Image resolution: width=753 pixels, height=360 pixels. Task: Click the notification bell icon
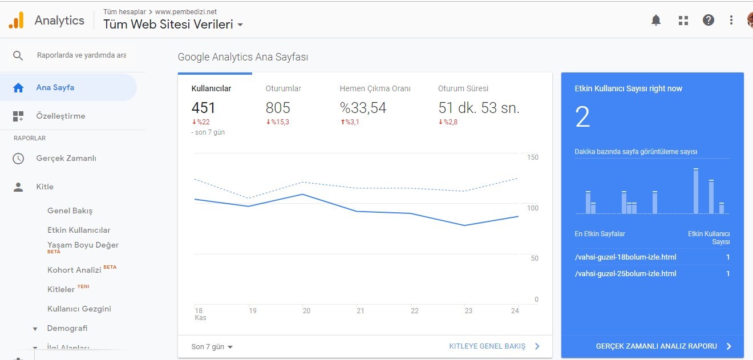point(656,20)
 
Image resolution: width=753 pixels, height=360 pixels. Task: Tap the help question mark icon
point(709,20)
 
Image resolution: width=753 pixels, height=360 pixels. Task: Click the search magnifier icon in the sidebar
point(18,55)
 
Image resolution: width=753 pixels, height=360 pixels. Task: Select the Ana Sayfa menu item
point(55,87)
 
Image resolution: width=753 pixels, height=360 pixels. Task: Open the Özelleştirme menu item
point(60,116)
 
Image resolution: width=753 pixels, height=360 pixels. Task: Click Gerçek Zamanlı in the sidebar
point(66,158)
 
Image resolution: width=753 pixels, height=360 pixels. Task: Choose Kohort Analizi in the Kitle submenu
point(74,270)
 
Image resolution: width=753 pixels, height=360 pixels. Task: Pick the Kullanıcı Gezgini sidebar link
point(79,309)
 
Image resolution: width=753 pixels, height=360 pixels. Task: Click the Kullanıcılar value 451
point(203,108)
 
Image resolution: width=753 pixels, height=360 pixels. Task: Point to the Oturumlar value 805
point(278,108)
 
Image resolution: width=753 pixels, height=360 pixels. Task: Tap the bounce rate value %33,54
point(363,108)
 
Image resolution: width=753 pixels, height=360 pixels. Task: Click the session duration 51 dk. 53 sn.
point(479,108)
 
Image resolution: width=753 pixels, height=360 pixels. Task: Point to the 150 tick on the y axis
point(532,157)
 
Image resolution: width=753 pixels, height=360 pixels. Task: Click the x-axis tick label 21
point(361,310)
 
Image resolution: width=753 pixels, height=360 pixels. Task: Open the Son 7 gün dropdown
point(212,346)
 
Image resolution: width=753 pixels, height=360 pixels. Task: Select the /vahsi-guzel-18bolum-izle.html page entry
point(625,257)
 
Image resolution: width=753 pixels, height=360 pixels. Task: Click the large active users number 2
point(582,116)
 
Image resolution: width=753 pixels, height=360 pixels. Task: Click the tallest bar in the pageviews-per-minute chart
point(696,191)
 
